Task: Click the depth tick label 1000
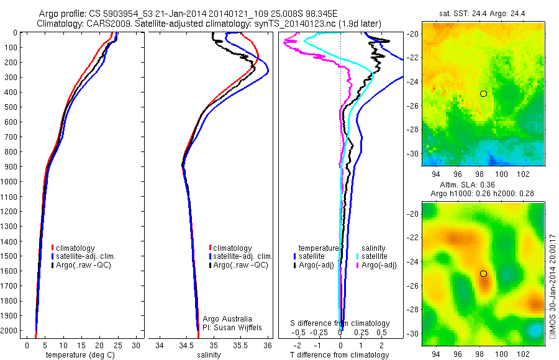pos(10,182)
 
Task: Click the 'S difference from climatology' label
pos(340,323)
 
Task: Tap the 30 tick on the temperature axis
pos(136,345)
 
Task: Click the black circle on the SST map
pos(483,93)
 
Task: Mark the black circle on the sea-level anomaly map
pos(483,274)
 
